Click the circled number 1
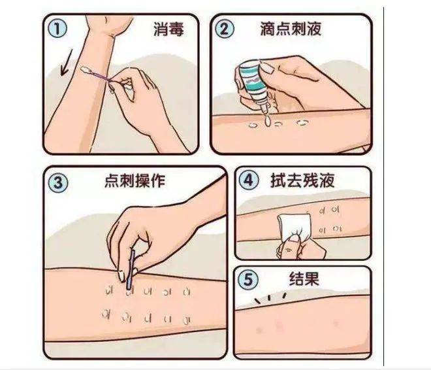point(57,29)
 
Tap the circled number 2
point(225,28)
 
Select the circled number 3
point(58,182)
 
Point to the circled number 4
point(248,180)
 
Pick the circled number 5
point(248,280)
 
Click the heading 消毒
point(168,29)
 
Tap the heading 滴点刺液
point(291,29)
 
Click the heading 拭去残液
point(302,180)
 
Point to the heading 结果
point(304,279)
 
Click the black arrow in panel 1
point(66,62)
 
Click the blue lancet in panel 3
point(130,269)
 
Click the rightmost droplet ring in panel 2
point(302,122)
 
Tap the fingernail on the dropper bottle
point(266,67)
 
